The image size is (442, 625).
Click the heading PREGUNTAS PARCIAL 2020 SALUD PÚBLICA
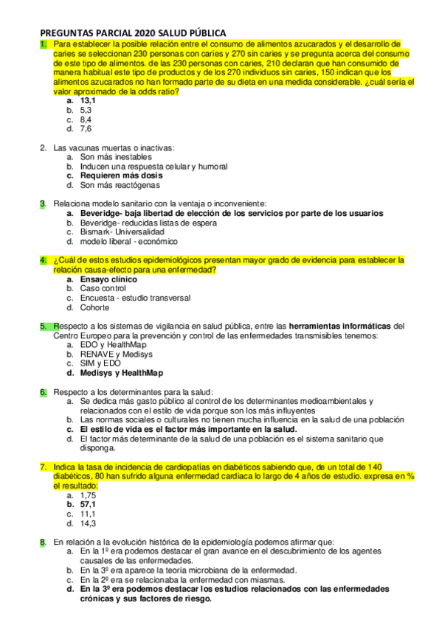[x=132, y=33]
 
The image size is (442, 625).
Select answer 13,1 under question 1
[x=89, y=100]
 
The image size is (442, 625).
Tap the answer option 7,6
[x=86, y=128]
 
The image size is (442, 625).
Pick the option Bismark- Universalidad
[x=122, y=231]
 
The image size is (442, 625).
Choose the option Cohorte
[x=95, y=308]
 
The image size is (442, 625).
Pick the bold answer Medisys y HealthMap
[x=122, y=373]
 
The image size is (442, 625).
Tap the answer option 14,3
[x=89, y=523]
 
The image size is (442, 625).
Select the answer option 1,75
[x=89, y=495]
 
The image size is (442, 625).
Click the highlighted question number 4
[x=43, y=260]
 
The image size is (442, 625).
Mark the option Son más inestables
[x=116, y=156]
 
